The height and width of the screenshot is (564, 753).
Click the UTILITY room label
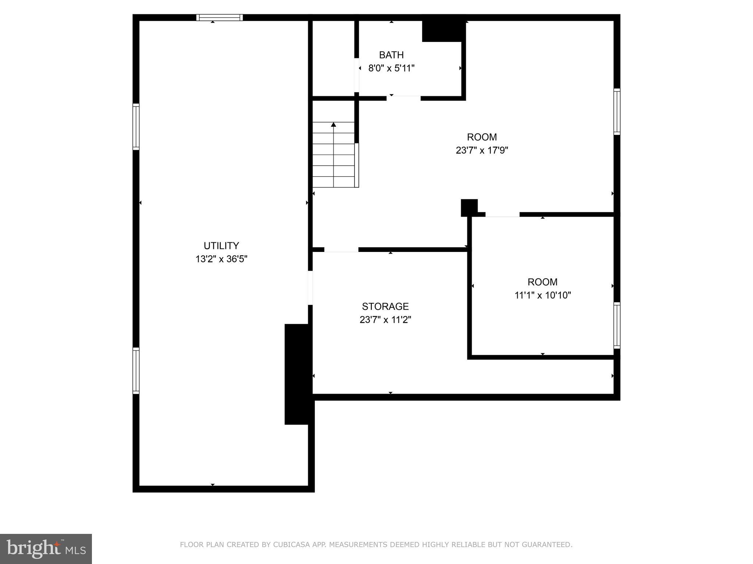[x=221, y=246]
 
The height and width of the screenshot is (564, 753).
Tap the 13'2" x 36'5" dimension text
[x=221, y=259]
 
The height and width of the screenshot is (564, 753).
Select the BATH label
[x=391, y=55]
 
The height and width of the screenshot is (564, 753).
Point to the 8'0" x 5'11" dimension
[x=391, y=68]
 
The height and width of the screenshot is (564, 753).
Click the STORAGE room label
[x=385, y=306]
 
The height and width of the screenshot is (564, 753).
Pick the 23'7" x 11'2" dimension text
[x=385, y=320]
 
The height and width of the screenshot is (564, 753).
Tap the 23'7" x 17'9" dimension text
[x=482, y=151]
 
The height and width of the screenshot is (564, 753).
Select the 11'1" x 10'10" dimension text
[x=542, y=295]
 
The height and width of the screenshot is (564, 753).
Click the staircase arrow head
[x=333, y=125]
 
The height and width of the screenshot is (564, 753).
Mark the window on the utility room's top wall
[x=220, y=17]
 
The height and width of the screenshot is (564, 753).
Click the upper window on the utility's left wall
[x=136, y=127]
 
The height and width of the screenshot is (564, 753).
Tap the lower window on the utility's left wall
[x=136, y=370]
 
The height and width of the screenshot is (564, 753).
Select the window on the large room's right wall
[x=617, y=112]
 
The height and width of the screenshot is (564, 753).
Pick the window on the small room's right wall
[x=617, y=325]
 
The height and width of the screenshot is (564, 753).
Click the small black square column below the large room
[x=469, y=207]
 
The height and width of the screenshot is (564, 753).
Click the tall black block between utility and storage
[x=298, y=374]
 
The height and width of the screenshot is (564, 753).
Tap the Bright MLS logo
[x=46, y=549]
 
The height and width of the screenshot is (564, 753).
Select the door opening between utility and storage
[x=310, y=288]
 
